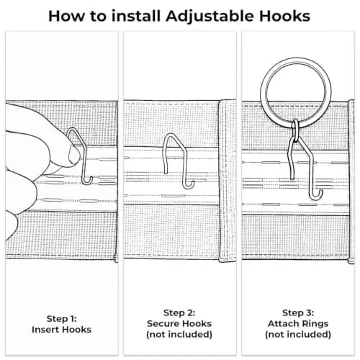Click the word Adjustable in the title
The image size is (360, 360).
210,17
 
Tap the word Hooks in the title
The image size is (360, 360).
284,16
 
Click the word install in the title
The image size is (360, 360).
136,16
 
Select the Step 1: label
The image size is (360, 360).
62,319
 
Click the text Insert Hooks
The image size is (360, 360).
61,330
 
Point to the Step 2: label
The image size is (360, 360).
179,312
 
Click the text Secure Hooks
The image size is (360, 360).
179,323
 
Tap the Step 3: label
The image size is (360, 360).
298,312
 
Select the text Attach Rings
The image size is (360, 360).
298,324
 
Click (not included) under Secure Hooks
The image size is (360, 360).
179,334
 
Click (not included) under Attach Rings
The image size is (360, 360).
298,334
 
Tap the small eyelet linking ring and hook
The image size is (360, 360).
296,131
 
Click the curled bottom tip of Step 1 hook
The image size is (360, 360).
89,182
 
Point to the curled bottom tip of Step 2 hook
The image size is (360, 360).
189,186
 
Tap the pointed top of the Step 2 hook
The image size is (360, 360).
171,135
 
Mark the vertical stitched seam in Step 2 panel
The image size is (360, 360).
227,180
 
